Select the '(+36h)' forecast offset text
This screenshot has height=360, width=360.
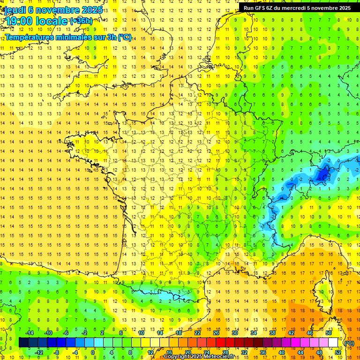pyautogui.click(x=81, y=21)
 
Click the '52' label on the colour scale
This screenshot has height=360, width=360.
pyautogui.click(x=337, y=352)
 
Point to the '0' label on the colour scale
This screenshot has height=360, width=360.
pyautogui.click(x=93, y=352)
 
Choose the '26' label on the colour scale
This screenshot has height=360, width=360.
pyautogui.click(x=216, y=333)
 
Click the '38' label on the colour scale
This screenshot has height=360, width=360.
pyautogui.click(x=272, y=333)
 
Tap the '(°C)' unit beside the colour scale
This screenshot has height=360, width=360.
pyautogui.click(x=349, y=343)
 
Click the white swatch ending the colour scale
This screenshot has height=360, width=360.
pyautogui.click(x=333, y=343)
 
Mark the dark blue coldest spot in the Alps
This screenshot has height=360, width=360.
pyautogui.click(x=322, y=175)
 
